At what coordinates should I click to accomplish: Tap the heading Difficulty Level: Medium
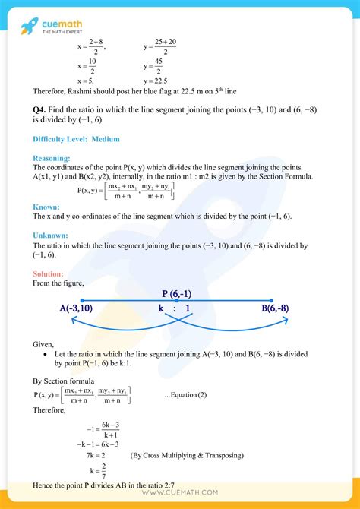pos(76,139)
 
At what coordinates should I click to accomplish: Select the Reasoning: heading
pos(52,158)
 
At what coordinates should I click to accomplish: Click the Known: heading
pos(46,207)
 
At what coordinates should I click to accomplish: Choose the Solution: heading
pos(49,273)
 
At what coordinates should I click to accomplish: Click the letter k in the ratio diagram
pos(162,309)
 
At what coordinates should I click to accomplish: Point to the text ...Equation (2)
pos(185,394)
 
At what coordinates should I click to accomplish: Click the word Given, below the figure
pos(44,344)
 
